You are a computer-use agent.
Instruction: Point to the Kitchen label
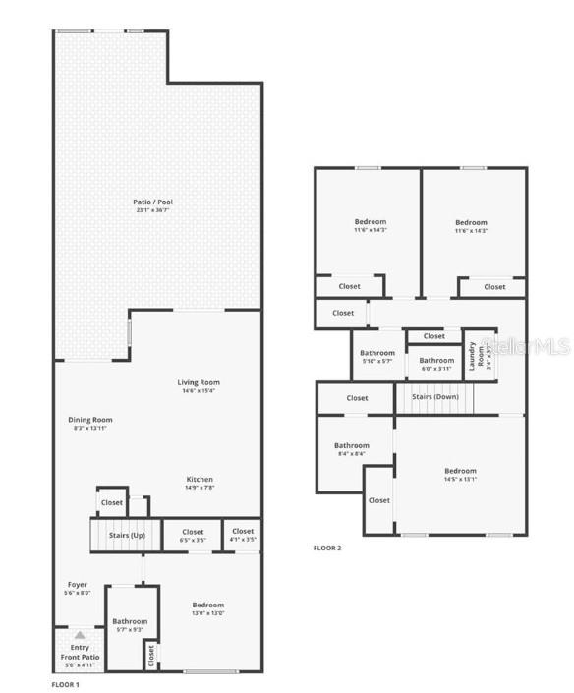click(200, 480)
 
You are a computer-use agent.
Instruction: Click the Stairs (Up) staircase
click(118, 536)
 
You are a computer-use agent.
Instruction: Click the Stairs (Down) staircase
click(434, 398)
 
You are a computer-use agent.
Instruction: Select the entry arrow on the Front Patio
click(79, 636)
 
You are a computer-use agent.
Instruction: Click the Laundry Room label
click(474, 355)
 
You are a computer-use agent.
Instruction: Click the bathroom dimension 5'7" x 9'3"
click(129, 630)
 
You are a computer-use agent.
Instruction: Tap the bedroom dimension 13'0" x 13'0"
click(207, 613)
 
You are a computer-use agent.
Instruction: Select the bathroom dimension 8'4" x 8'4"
click(351, 454)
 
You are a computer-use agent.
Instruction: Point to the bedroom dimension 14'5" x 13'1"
click(459, 480)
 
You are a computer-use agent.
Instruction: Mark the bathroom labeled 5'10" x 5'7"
click(376, 361)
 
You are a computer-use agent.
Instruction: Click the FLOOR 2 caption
click(327, 548)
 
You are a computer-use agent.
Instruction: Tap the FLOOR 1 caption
click(65, 683)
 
